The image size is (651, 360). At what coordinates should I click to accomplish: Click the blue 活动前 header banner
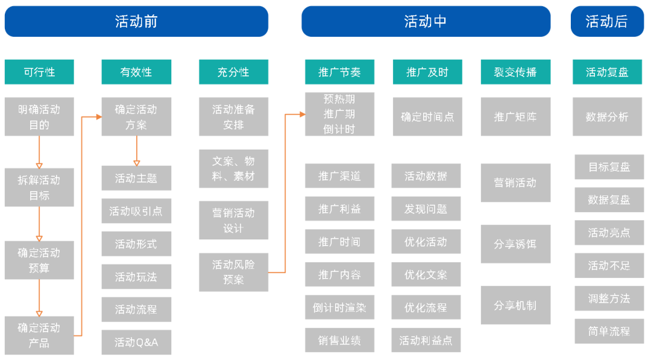point(136,22)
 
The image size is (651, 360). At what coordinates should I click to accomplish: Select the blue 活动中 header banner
point(426,22)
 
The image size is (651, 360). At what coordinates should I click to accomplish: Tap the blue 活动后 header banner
point(606,22)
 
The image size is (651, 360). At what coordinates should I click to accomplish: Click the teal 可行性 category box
point(39,72)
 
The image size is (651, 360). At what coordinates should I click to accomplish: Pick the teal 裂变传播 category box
point(515,72)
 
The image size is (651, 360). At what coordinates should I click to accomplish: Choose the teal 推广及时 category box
point(427,72)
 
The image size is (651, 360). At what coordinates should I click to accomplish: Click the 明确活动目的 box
point(39,117)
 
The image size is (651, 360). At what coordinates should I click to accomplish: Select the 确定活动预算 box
point(39,260)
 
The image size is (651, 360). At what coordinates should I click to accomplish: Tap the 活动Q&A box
point(136,342)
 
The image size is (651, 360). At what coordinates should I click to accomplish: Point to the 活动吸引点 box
point(136,211)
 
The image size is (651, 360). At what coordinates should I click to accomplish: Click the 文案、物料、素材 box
point(233,169)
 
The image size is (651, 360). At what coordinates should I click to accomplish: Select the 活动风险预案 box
point(233,272)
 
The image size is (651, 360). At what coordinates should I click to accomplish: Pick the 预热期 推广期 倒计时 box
point(339,114)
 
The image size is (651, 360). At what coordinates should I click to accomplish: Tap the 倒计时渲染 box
point(339,308)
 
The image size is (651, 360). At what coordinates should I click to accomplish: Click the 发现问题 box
point(426,209)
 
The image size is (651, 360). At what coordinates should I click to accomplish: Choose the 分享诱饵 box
point(515,244)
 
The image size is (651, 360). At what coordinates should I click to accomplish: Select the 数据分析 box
point(607,117)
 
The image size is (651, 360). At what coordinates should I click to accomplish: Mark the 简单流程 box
point(609,331)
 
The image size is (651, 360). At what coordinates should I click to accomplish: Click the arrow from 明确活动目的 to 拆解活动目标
point(39,152)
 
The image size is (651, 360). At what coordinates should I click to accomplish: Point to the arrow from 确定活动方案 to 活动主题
point(136,151)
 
